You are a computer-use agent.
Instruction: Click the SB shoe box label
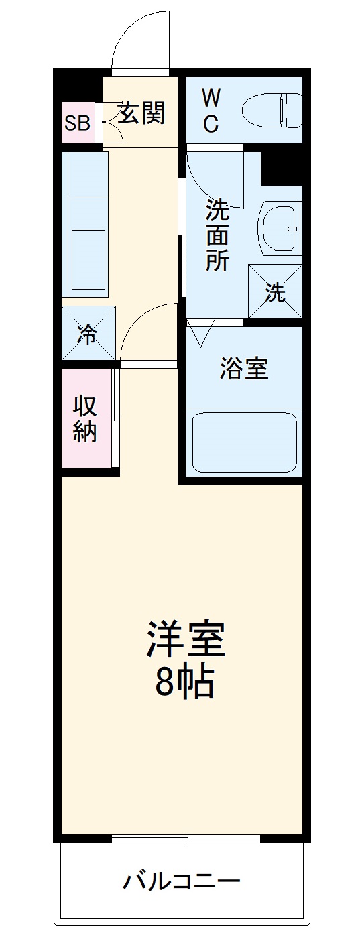coord(78,123)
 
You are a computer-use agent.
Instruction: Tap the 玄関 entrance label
coord(141,114)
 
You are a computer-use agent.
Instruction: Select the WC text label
coord(211,111)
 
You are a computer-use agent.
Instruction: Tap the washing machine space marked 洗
coord(275,292)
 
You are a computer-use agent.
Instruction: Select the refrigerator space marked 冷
coord(88,333)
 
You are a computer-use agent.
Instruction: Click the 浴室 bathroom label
coord(244,368)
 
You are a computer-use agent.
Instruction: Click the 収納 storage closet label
coord(85,419)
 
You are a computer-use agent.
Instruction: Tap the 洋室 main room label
coord(186,639)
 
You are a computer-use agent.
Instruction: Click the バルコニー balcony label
coord(181,880)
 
